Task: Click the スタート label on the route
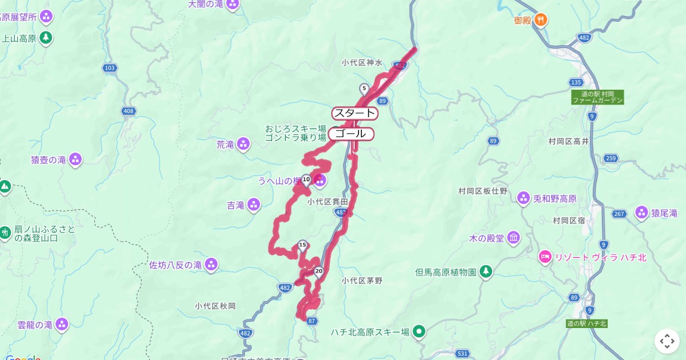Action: pos(354,113)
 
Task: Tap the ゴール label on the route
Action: pos(351,134)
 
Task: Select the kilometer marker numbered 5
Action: pos(364,89)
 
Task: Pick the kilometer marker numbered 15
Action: pos(302,246)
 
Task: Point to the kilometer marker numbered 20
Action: pos(319,271)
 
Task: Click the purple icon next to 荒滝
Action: pos(244,144)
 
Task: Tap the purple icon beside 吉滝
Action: pos(254,205)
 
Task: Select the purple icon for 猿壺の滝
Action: pos(75,160)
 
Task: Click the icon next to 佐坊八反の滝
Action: pos(212,265)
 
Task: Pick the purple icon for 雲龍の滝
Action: pos(62,325)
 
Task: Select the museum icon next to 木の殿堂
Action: pos(513,237)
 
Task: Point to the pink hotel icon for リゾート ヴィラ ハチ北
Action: pos(545,257)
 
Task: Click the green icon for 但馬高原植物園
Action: pos(486,272)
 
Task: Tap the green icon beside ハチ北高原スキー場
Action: pos(420,331)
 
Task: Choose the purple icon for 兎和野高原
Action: pos(523,199)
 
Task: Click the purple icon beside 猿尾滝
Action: pos(641,213)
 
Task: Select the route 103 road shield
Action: pos(110,68)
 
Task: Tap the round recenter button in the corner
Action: pos(667,341)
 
